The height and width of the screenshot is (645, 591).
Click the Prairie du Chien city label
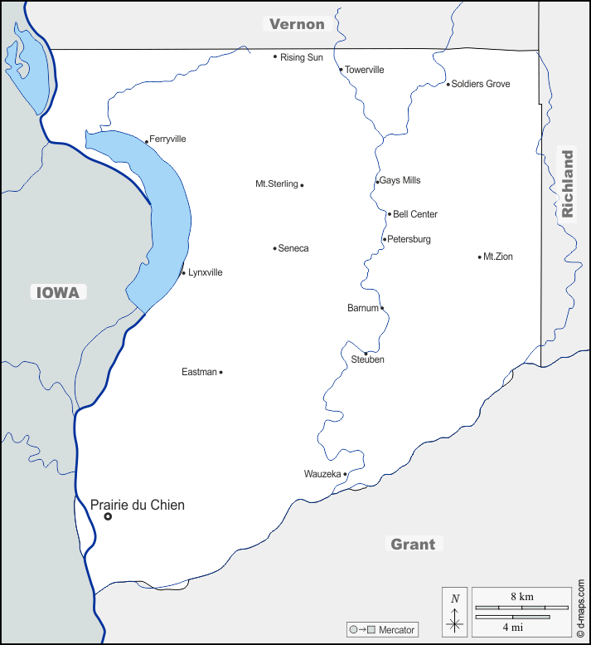point(137,505)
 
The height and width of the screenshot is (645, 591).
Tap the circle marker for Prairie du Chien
point(108,516)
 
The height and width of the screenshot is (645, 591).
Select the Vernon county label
point(297,24)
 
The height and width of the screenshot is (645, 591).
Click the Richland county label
point(567,183)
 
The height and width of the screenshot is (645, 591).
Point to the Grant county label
point(413,545)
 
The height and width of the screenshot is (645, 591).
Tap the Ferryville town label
point(167,139)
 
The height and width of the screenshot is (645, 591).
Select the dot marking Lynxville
point(183,273)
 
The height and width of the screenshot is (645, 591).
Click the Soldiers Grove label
point(481,84)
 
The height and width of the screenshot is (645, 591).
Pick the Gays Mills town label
point(400,180)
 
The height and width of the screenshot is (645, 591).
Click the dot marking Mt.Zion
point(480,257)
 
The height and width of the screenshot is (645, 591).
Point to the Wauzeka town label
point(322,474)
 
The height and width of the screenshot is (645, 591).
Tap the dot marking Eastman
point(220,372)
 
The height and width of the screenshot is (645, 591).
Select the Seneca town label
point(293,248)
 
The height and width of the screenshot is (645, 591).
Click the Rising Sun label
point(302,57)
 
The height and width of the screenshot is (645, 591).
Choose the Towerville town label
point(365,70)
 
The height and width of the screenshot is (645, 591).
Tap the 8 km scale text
point(521,597)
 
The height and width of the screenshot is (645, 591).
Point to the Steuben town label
point(368,360)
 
